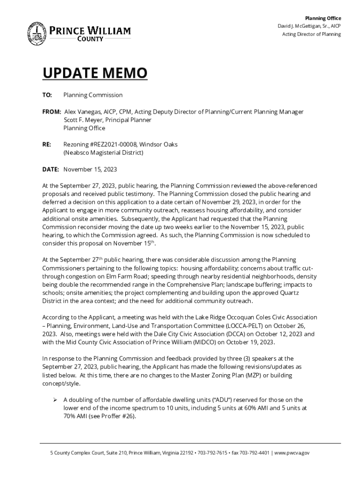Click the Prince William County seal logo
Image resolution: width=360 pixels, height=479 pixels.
[36, 33]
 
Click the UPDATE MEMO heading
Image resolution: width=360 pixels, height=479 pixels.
[95, 73]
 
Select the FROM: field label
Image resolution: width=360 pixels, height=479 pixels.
[51, 112]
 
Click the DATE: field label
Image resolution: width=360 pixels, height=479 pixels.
[51, 169]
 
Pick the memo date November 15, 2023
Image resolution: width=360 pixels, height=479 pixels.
[90, 169]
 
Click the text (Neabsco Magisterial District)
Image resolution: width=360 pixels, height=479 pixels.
[103, 152]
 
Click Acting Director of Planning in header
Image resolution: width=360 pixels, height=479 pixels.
[311, 34]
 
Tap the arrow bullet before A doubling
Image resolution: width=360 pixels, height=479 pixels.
[55, 400]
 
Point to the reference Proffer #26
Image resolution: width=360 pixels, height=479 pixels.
[121, 416]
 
